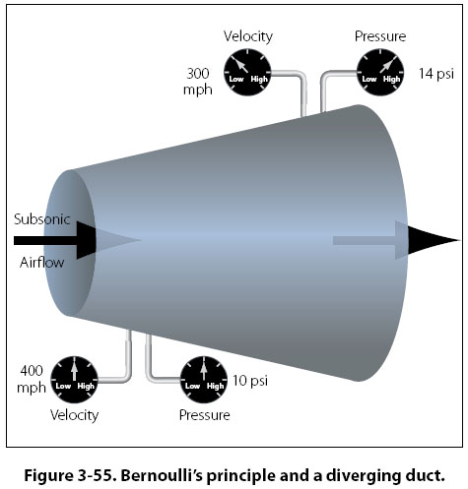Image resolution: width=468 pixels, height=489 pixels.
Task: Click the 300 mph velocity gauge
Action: (247, 72)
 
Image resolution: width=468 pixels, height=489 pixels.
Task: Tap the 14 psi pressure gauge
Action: (380, 72)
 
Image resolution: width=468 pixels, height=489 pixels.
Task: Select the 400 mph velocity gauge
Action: (74, 380)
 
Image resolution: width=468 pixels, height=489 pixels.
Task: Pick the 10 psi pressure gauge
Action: (204, 380)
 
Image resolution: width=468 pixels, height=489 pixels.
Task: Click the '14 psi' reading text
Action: (436, 74)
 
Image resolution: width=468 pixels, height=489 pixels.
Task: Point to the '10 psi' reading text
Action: (250, 381)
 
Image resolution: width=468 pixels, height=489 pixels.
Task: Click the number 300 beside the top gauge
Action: (198, 73)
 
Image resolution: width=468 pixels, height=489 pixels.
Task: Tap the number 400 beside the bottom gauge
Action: (32, 371)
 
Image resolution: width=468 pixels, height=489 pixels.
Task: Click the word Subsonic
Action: (42, 219)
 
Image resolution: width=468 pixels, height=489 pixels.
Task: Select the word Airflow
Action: (41, 263)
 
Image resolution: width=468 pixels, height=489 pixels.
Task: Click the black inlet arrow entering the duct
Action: (55, 240)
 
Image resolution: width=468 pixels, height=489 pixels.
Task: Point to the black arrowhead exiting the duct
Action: (434, 240)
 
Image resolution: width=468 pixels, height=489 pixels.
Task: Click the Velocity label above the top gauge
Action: (248, 36)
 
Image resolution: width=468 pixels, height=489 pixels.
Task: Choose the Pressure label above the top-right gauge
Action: (380, 36)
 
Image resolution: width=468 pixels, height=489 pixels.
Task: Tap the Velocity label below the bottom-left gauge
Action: (75, 415)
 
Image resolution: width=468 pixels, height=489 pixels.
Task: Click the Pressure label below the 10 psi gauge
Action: (205, 415)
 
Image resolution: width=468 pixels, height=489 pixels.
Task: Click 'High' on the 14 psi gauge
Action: (391, 79)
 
